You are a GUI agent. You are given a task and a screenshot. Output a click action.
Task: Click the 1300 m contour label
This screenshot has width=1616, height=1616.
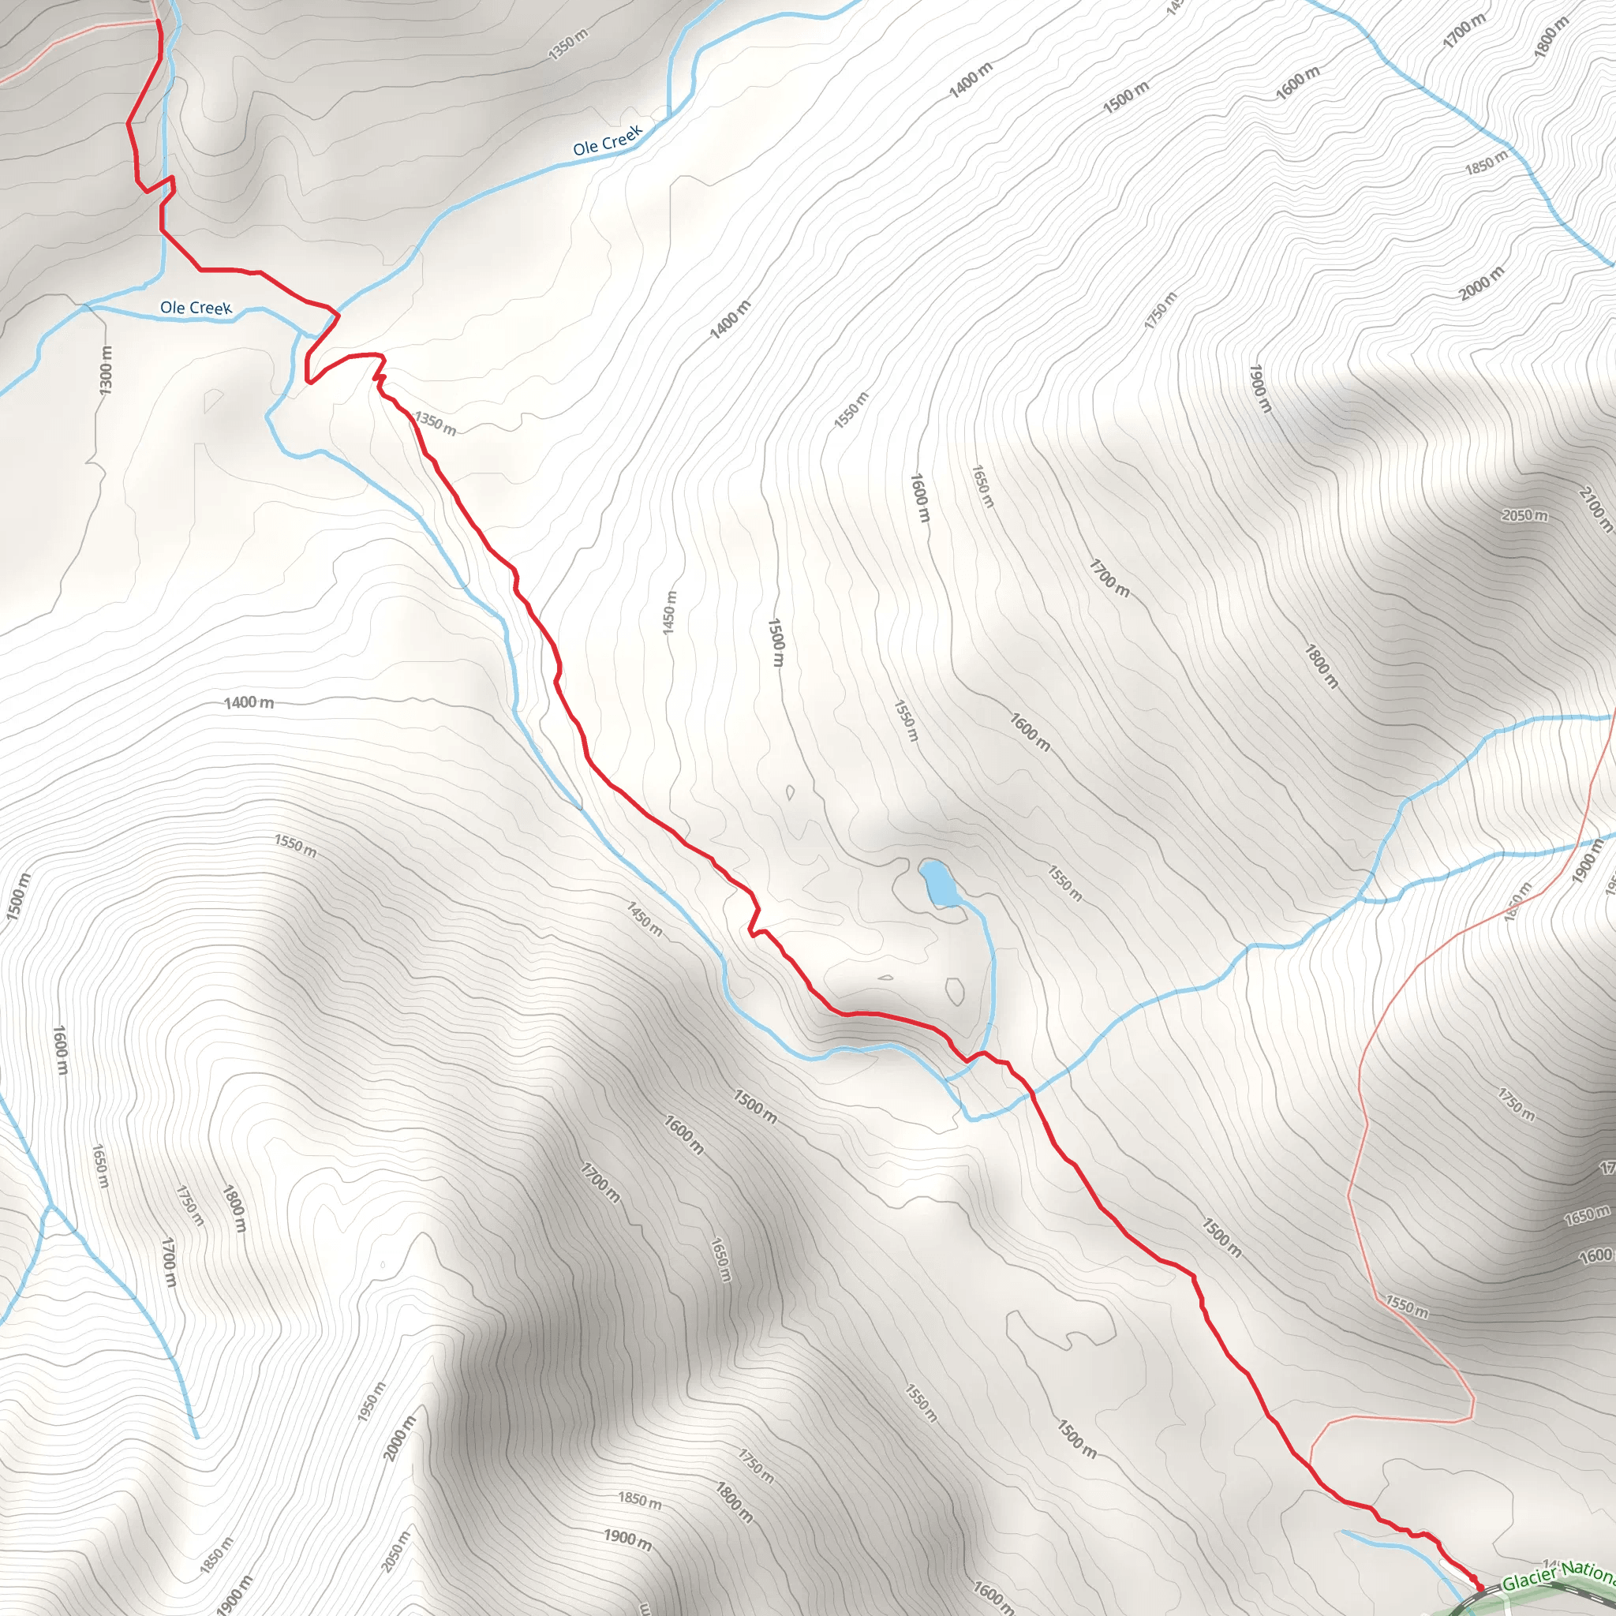tap(106, 371)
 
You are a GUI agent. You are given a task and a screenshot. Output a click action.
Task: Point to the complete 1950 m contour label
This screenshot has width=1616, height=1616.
tap(372, 1402)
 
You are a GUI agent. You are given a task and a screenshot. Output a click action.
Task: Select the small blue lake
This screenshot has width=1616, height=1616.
tap(939, 883)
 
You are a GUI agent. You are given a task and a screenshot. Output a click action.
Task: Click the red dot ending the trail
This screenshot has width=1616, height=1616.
tap(1479, 1587)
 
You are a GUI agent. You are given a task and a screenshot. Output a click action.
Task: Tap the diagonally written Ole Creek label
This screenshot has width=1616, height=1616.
tap(608, 140)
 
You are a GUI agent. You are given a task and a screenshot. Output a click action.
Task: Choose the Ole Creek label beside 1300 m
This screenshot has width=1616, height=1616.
tap(196, 308)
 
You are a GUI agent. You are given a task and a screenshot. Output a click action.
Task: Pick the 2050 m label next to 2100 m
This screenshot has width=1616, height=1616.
tap(1524, 515)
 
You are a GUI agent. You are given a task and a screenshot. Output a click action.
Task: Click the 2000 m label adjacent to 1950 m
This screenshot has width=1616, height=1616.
tap(400, 1438)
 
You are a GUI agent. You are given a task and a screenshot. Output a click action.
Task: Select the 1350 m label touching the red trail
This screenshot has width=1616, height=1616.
tap(436, 423)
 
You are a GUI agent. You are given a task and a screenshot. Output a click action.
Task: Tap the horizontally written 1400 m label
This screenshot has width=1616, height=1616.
tap(249, 702)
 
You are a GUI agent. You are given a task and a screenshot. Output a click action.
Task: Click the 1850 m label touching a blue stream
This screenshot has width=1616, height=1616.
tap(1486, 163)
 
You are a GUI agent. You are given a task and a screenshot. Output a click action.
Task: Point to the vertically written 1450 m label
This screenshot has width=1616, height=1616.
tap(669, 612)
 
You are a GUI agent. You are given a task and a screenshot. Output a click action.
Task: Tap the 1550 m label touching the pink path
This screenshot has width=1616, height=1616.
tap(1407, 1306)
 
